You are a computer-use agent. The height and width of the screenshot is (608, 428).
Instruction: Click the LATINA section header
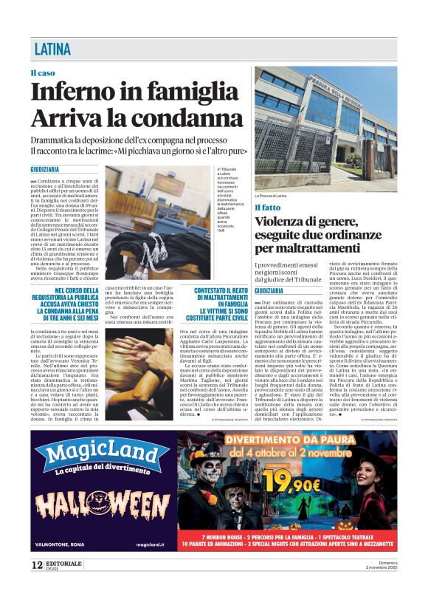click(53, 50)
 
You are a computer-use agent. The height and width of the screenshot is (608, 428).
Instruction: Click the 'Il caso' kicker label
click(42, 73)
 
